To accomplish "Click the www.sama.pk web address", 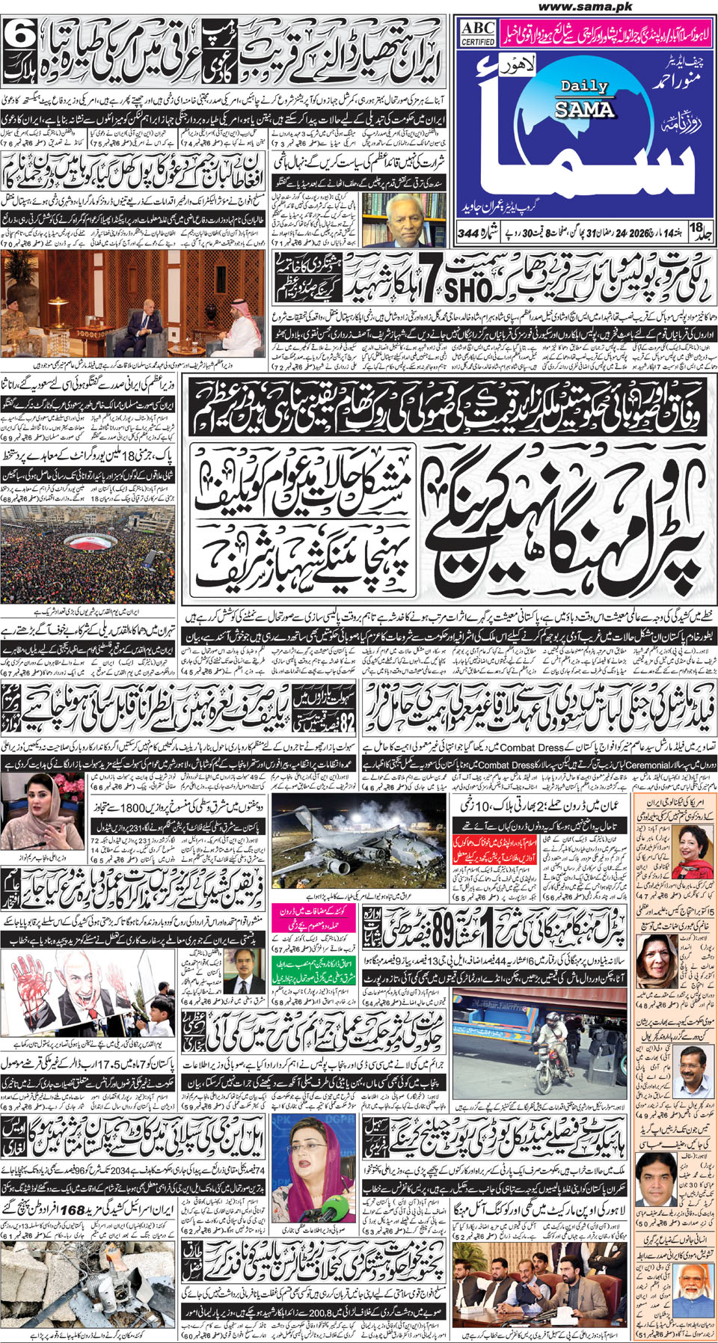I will tap(585, 7).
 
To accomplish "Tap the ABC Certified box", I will tap(477, 33).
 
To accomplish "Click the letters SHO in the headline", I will tap(469, 289).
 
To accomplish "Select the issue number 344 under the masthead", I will tap(468, 233).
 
